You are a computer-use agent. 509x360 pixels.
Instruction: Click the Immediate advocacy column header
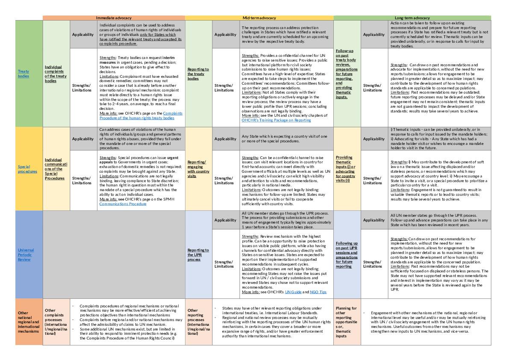pyautogui.click(x=113, y=18)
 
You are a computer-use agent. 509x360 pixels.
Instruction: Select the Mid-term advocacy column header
pyautogui.click(x=259, y=18)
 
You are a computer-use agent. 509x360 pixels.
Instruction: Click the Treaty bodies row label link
pyautogui.click(x=24, y=74)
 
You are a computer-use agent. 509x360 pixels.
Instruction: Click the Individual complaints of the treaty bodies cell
pyautogui.click(x=56, y=74)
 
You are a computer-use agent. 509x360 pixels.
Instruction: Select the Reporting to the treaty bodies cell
pyautogui.click(x=199, y=74)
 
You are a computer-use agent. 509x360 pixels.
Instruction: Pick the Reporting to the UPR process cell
pyautogui.click(x=198, y=254)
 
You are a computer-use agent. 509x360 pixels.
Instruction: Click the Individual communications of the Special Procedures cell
pyautogui.click(x=56, y=169)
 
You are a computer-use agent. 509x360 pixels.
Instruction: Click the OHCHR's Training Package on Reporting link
pyautogui.click(x=276, y=121)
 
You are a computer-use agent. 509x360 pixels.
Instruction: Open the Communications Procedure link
pyautogui.click(x=123, y=204)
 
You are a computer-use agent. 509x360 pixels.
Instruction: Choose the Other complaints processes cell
pyautogui.click(x=56, y=322)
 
